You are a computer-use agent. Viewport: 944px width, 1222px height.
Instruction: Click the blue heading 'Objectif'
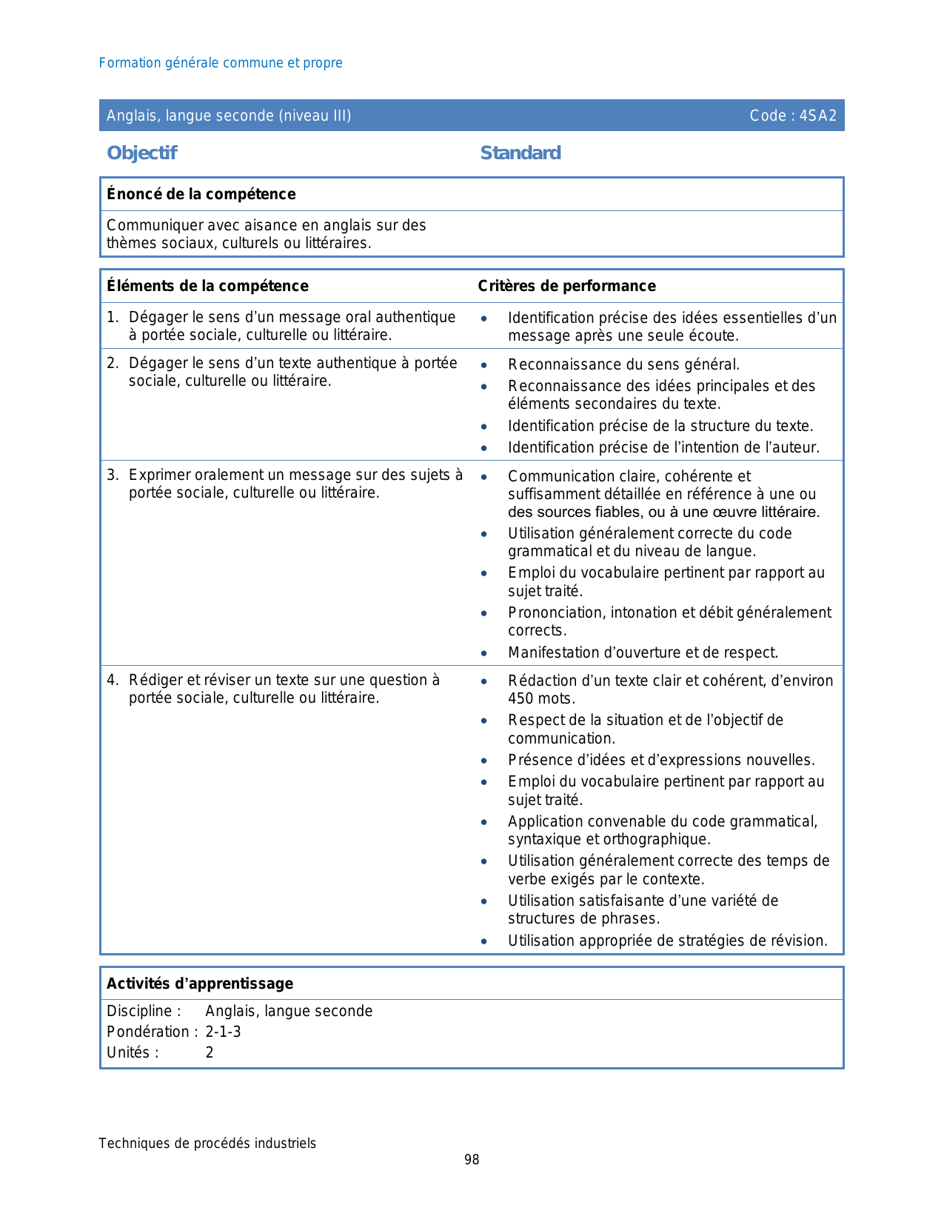coord(141,153)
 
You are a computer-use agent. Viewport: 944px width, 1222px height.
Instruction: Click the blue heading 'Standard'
coord(520,153)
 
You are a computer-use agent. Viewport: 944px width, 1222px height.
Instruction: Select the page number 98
coord(472,1160)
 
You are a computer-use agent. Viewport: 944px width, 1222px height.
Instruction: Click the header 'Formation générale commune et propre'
coord(221,63)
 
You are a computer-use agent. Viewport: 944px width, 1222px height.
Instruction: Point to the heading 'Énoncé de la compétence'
coord(201,194)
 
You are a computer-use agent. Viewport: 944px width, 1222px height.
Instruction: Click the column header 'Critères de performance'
coord(566,286)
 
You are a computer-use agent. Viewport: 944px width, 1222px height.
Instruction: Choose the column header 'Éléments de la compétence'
coord(207,286)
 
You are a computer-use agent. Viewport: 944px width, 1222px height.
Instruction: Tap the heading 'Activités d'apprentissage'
coord(200,984)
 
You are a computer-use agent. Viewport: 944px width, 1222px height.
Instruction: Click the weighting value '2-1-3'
coord(223,1032)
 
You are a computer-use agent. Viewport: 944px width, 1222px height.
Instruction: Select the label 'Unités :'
coord(133,1052)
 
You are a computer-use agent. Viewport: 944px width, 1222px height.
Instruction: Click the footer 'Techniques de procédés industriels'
coord(207,1143)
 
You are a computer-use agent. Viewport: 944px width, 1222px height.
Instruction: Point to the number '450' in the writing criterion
coord(520,698)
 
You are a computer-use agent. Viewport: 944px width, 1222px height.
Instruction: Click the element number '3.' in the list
coord(113,475)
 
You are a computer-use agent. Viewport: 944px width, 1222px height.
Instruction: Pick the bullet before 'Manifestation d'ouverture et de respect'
coord(483,653)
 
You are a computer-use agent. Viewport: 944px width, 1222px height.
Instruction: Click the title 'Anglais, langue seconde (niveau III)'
coord(229,116)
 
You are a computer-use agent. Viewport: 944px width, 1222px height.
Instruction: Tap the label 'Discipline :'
coord(144,1011)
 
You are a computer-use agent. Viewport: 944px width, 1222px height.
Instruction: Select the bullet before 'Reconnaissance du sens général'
coord(483,365)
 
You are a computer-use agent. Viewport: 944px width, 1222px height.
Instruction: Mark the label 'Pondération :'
coord(152,1032)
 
